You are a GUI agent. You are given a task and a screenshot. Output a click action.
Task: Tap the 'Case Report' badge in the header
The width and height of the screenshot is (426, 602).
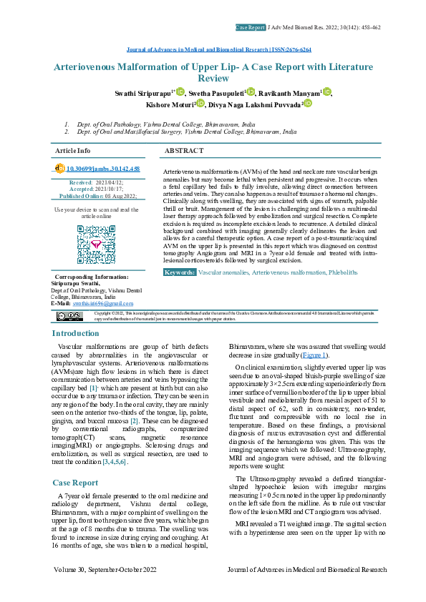[x=250, y=27]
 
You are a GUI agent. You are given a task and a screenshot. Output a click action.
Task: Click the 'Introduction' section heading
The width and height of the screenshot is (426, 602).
[x=76, y=334]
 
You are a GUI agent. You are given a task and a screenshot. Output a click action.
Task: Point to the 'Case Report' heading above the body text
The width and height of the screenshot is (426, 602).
[x=75, y=463]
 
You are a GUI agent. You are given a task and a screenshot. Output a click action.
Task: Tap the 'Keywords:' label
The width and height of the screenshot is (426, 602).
[x=180, y=292]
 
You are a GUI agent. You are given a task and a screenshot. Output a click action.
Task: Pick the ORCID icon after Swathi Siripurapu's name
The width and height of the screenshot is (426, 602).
[x=180, y=93]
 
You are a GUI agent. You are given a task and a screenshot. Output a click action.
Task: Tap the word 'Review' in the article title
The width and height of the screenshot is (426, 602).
[x=213, y=78]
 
